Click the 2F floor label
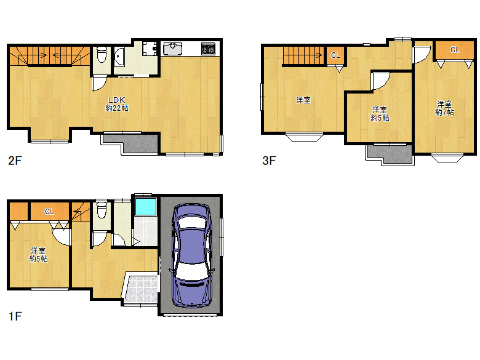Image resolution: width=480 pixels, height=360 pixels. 15,161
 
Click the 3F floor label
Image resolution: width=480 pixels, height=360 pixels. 268,161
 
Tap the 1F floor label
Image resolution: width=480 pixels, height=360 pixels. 15,318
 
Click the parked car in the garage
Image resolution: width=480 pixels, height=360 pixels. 191,255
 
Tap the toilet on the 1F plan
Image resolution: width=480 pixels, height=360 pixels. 102,211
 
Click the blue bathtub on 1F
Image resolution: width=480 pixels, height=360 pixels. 145,206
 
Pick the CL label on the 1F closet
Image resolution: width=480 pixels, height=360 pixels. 49,212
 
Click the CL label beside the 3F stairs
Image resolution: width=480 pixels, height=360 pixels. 335,55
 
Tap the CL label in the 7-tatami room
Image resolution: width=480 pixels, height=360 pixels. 454,50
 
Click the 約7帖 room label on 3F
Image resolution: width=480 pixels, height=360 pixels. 444,108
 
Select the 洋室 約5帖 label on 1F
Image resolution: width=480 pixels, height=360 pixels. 39,254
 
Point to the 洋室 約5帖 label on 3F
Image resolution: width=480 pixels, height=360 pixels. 380,114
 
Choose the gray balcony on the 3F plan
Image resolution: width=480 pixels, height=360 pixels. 390,154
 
